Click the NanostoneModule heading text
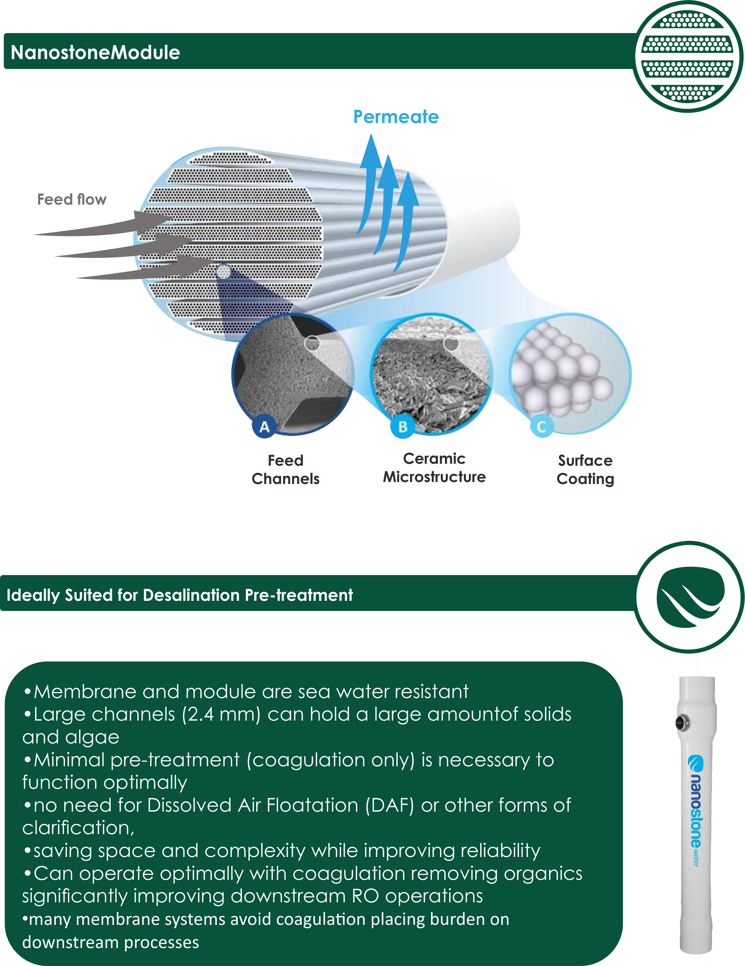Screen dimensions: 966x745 point(95,53)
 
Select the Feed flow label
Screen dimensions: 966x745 point(72,199)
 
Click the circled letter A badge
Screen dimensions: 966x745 point(264,427)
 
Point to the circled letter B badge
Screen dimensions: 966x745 point(403,427)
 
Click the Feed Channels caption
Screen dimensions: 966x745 point(285,469)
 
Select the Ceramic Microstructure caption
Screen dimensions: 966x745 point(434,468)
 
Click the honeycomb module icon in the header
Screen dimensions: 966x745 point(688,56)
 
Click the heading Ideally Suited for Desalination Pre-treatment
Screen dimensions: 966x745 point(180,595)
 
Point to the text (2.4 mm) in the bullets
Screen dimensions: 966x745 point(221,714)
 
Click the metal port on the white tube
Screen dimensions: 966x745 point(682,723)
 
